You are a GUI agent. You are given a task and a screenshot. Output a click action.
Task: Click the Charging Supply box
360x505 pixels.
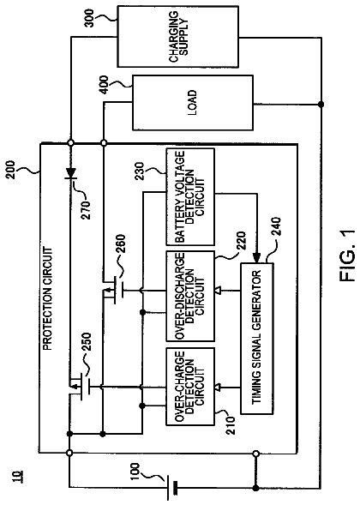point(177,36)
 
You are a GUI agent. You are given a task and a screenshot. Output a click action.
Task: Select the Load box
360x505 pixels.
point(193,102)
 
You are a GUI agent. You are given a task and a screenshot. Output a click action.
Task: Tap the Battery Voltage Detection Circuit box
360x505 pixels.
point(190,197)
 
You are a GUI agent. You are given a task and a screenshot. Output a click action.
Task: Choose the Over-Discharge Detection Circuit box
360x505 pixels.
point(190,296)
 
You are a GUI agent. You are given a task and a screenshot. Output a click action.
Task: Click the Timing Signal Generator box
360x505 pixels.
point(257,338)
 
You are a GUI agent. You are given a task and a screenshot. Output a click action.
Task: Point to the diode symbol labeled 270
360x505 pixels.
point(70,173)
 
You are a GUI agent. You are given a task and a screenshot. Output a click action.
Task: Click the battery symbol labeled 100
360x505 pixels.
point(171,487)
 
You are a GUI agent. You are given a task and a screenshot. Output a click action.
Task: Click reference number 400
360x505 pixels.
point(105,85)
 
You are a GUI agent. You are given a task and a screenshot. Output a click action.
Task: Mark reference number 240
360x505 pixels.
point(276,228)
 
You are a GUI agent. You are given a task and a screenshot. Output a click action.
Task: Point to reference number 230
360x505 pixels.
point(140,171)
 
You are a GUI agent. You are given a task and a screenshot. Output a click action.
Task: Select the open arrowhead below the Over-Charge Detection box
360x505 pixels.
point(218,387)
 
